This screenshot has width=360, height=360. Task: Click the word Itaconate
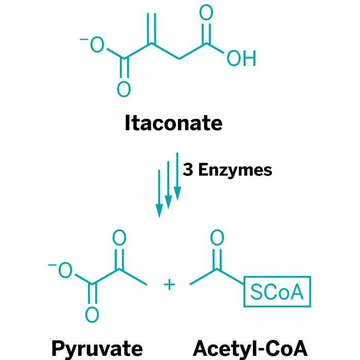173,124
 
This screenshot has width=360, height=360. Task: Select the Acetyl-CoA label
250,348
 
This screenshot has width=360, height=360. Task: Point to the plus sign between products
169,283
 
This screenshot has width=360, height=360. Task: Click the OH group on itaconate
241,59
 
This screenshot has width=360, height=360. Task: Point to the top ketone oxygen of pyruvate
119,238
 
